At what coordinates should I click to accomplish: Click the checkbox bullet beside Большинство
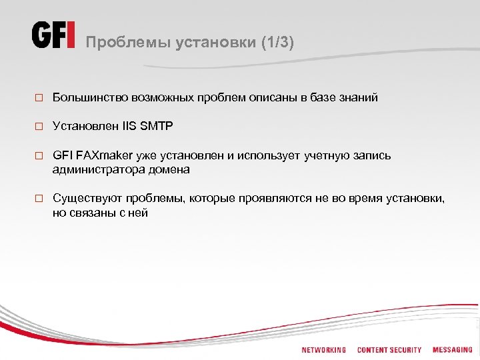(x=39, y=98)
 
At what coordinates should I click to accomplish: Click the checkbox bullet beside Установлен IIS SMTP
(x=39, y=126)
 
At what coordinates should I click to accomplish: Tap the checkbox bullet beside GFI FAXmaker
(x=39, y=156)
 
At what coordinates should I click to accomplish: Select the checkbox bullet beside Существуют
(x=39, y=199)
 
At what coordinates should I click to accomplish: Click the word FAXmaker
(x=105, y=155)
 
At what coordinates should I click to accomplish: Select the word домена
(x=168, y=170)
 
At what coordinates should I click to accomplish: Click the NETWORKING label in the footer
(x=324, y=350)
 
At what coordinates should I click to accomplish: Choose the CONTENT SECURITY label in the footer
(x=389, y=350)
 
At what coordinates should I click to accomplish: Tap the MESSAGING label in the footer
(x=452, y=350)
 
